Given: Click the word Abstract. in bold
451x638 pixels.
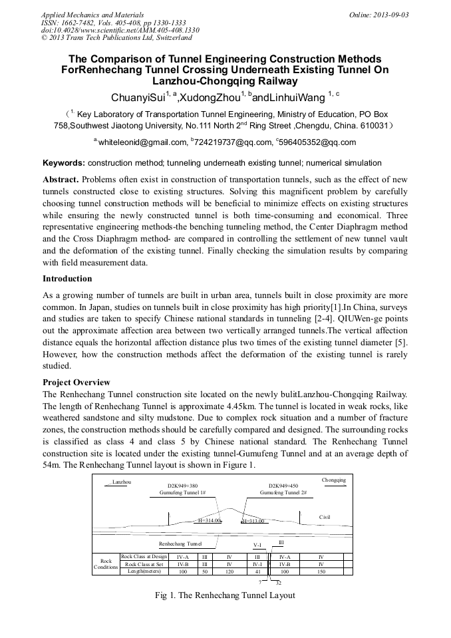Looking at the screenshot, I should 62,180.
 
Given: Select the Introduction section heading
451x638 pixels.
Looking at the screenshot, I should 67,279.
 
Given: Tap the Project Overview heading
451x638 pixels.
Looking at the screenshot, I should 76,383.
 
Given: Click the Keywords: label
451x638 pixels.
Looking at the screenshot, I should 64,163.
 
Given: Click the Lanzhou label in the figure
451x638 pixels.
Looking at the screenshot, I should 122,482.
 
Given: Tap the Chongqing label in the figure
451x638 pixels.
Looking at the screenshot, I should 334,480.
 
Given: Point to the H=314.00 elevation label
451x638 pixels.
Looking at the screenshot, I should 209,521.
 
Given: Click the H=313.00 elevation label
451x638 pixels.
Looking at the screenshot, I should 254,521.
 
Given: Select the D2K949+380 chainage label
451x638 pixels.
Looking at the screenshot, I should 182,486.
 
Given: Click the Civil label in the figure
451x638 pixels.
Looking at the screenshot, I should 325,517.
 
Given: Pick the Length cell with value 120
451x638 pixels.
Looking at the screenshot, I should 228,571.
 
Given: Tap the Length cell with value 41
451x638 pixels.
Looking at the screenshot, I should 258,571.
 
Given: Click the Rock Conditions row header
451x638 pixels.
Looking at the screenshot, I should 106,564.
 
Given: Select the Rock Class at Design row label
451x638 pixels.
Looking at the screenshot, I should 144,556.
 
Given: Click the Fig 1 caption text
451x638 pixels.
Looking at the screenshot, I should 224,595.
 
